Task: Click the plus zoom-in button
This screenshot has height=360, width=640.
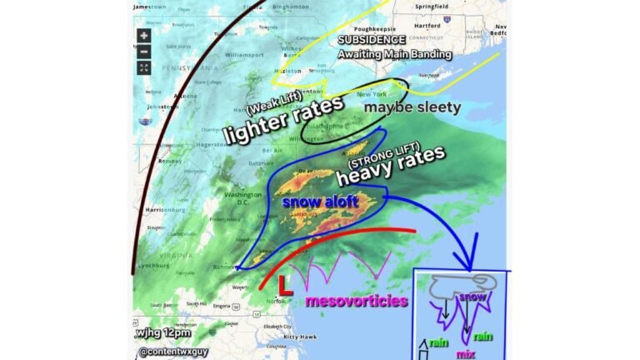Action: [144, 36]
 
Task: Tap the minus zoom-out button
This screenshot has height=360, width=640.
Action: [144, 52]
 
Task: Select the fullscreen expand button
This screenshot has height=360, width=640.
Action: [144, 67]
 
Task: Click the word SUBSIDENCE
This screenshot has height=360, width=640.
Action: [371, 40]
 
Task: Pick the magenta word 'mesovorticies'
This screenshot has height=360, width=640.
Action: [356, 301]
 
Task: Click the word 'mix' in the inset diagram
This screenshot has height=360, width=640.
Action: [465, 353]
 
